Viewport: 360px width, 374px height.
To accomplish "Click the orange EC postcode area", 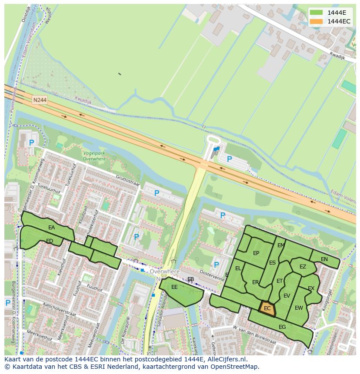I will [267, 308].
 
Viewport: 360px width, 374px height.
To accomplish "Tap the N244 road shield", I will [40, 100].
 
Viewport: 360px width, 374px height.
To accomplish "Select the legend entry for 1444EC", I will [338, 21].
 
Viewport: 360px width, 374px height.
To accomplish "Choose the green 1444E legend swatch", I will [316, 12].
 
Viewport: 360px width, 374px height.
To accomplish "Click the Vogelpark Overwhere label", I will [94, 156].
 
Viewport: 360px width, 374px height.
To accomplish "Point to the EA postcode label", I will [52, 228].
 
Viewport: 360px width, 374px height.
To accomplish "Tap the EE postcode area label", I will [174, 287].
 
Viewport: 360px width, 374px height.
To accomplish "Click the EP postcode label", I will [256, 254].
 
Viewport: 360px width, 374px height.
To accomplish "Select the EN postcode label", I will [324, 259].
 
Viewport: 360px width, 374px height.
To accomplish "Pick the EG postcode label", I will [282, 327].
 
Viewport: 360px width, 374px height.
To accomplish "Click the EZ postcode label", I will [303, 267].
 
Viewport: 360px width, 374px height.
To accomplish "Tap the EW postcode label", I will [299, 308].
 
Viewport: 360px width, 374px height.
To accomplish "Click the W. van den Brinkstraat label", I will [254, 334].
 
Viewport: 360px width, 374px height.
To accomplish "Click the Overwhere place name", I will [164, 271].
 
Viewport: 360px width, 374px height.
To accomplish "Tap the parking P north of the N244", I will [230, 159].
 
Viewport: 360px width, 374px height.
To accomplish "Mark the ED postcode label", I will [50, 241].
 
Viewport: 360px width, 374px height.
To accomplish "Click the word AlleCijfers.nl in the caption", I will [226, 359].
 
